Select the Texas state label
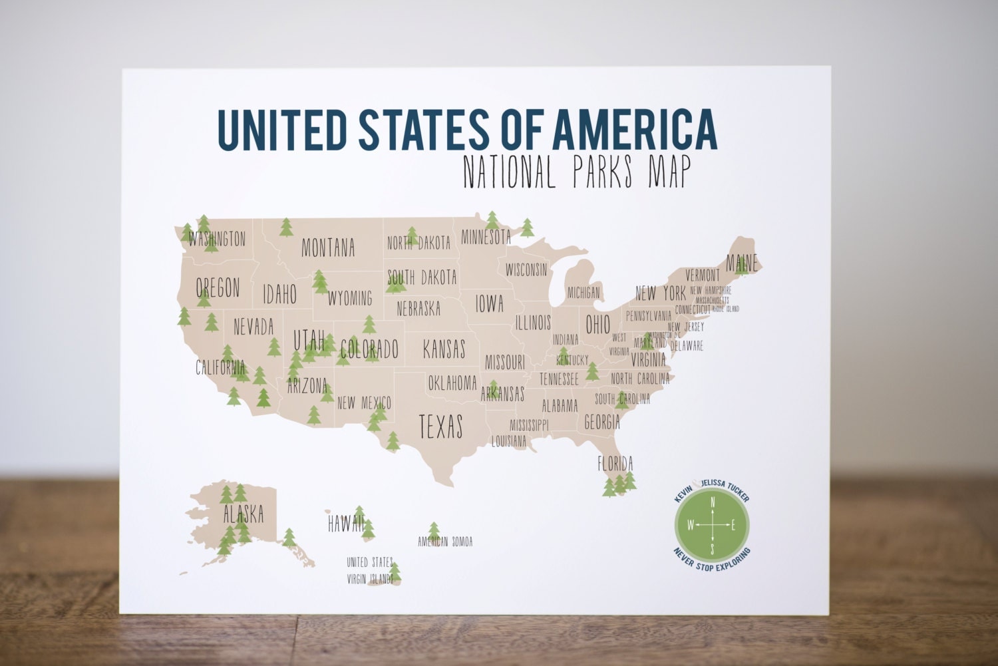tap(440, 426)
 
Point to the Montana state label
tap(328, 248)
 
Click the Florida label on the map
tap(615, 463)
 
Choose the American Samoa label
tap(445, 542)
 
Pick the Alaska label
tap(243, 514)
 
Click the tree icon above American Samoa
tap(434, 530)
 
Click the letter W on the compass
tap(691, 526)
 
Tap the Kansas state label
tap(444, 349)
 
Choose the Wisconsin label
tap(526, 269)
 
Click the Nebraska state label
tap(418, 309)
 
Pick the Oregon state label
tap(218, 288)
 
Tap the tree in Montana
tap(286, 228)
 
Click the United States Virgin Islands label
tap(370, 570)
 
